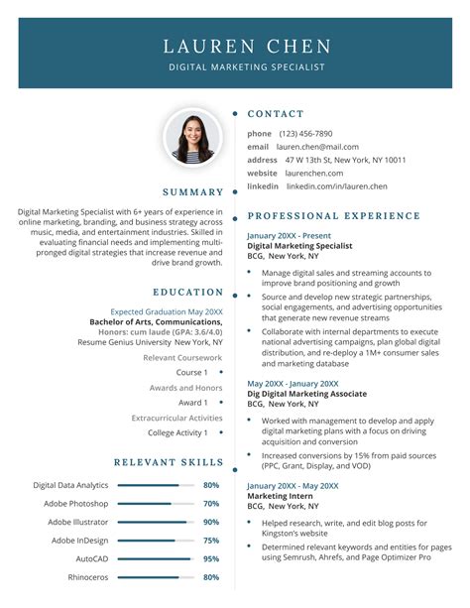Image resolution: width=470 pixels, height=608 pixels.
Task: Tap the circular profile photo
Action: (192, 137)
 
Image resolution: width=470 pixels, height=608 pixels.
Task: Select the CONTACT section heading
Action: (276, 114)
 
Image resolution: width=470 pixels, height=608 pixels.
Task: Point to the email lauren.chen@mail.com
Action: (317, 147)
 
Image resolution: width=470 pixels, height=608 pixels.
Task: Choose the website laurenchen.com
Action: (314, 173)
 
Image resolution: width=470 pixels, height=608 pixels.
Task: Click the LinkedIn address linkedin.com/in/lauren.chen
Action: (336, 186)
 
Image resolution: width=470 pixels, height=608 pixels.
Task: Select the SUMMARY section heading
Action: (193, 192)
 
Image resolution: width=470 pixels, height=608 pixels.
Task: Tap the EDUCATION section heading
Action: (188, 293)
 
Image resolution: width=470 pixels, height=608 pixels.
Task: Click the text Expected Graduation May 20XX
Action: (167, 311)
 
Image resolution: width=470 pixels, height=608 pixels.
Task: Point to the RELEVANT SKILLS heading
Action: (169, 462)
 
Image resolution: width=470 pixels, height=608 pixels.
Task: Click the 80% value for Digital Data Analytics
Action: (211, 485)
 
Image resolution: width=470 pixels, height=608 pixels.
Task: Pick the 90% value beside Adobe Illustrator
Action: (211, 522)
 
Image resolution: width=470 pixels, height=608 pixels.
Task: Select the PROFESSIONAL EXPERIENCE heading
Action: (334, 216)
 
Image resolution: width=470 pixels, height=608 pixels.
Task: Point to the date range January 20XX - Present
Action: (290, 235)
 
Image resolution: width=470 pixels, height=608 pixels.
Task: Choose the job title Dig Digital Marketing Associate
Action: (306, 394)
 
